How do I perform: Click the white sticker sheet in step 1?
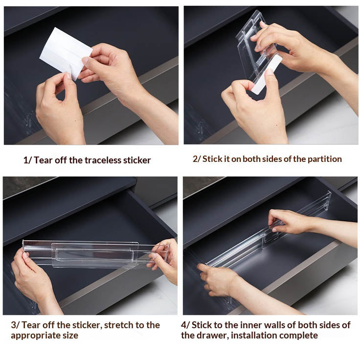[x=66, y=53]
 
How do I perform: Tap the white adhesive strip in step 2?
[x=267, y=74]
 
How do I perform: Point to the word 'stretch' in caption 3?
[x=118, y=325]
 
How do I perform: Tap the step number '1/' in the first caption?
[x=27, y=160]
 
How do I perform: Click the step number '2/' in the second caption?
[x=197, y=159]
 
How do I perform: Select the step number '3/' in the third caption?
[x=15, y=325]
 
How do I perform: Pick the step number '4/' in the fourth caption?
[x=185, y=325]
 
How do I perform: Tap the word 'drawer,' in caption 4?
[x=213, y=336]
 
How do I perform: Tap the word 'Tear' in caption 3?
[x=30, y=325]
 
